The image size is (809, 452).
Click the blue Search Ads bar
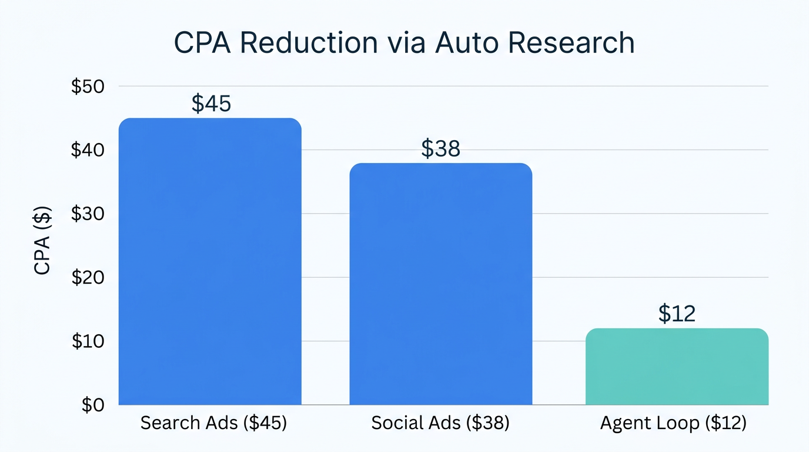(x=210, y=262)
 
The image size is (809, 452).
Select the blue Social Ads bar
(x=441, y=284)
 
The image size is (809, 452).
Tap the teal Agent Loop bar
(x=677, y=367)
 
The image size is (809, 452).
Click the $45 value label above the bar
(x=211, y=104)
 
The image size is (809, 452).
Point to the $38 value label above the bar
(x=440, y=149)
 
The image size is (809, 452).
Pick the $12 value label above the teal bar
(x=677, y=314)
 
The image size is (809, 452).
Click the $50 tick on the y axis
(x=88, y=87)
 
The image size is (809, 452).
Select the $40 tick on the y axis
(x=88, y=150)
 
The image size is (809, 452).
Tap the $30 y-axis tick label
(x=88, y=214)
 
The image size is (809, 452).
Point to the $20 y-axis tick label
(x=88, y=277)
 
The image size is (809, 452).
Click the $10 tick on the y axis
(x=88, y=341)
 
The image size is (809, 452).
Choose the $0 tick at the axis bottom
(x=93, y=405)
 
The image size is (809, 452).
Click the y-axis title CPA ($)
(x=43, y=241)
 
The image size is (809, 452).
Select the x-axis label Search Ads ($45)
(x=213, y=423)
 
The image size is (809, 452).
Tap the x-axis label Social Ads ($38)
(x=440, y=423)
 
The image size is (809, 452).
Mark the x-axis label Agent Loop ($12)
(x=673, y=423)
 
